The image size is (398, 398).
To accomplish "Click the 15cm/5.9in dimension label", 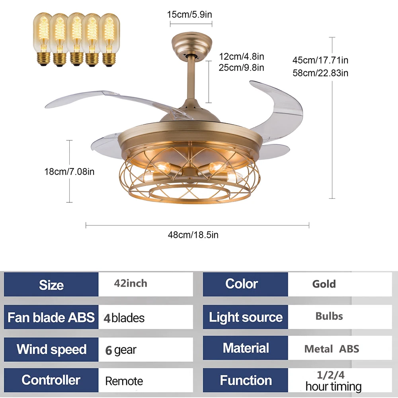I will click(x=189, y=15).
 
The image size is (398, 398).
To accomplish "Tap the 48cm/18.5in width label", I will click(x=193, y=235).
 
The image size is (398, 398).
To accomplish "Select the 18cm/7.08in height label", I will click(x=69, y=172).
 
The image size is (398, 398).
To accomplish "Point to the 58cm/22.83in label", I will click(x=320, y=73).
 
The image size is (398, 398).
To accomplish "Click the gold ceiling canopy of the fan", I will click(x=191, y=44).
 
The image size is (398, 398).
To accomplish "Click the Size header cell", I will click(x=51, y=284).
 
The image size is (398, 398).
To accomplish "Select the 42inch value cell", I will click(x=131, y=284).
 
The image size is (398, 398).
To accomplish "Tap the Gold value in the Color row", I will click(x=324, y=284).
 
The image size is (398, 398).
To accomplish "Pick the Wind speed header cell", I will click(x=51, y=349).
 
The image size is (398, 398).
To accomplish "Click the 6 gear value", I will click(x=121, y=350).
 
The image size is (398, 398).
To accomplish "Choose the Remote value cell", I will click(x=124, y=381).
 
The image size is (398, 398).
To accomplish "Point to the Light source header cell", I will click(x=246, y=317).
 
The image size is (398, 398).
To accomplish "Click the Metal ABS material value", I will click(x=332, y=349).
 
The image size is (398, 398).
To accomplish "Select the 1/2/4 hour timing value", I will click(x=334, y=381).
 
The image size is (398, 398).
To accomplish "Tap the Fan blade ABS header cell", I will click(x=51, y=317).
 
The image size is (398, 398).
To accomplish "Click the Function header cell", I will click(x=246, y=380).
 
